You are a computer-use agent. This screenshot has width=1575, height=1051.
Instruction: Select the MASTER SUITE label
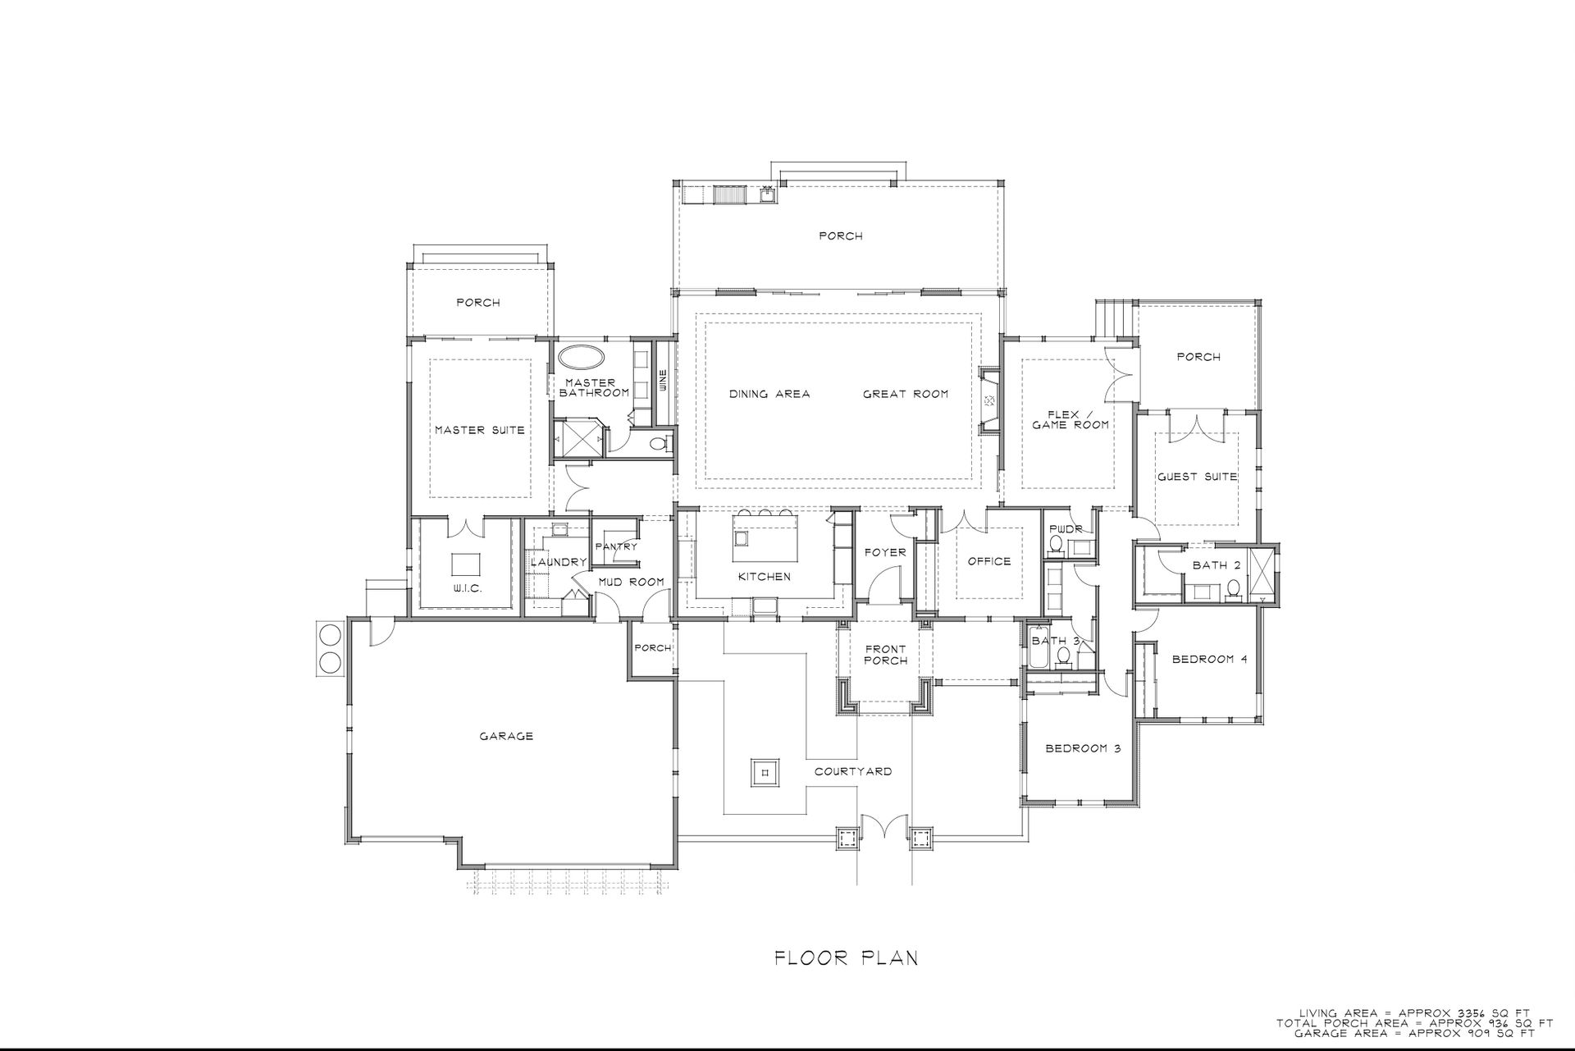[x=479, y=430]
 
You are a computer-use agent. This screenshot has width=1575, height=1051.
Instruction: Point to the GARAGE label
[x=506, y=736]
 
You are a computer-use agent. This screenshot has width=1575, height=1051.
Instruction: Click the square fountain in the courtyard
[x=765, y=772]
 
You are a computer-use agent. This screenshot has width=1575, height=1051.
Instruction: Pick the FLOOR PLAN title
[x=847, y=957]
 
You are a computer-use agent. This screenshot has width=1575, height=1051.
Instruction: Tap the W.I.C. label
[x=467, y=589]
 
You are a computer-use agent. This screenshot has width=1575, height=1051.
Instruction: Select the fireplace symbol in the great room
[x=990, y=400]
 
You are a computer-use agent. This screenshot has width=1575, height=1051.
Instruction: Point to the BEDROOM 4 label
[x=1209, y=659]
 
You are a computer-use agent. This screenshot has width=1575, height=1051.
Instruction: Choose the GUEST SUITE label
[x=1197, y=477]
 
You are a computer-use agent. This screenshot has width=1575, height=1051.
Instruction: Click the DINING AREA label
[x=769, y=394]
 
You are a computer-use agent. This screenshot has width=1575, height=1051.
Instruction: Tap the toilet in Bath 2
[x=1232, y=588]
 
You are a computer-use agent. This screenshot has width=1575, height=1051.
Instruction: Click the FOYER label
[x=885, y=552]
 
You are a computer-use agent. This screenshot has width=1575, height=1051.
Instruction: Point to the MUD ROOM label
[x=631, y=582]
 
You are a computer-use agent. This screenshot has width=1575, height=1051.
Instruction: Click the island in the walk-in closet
[x=467, y=565]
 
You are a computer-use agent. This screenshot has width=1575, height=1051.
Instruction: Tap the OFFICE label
[x=989, y=561]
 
